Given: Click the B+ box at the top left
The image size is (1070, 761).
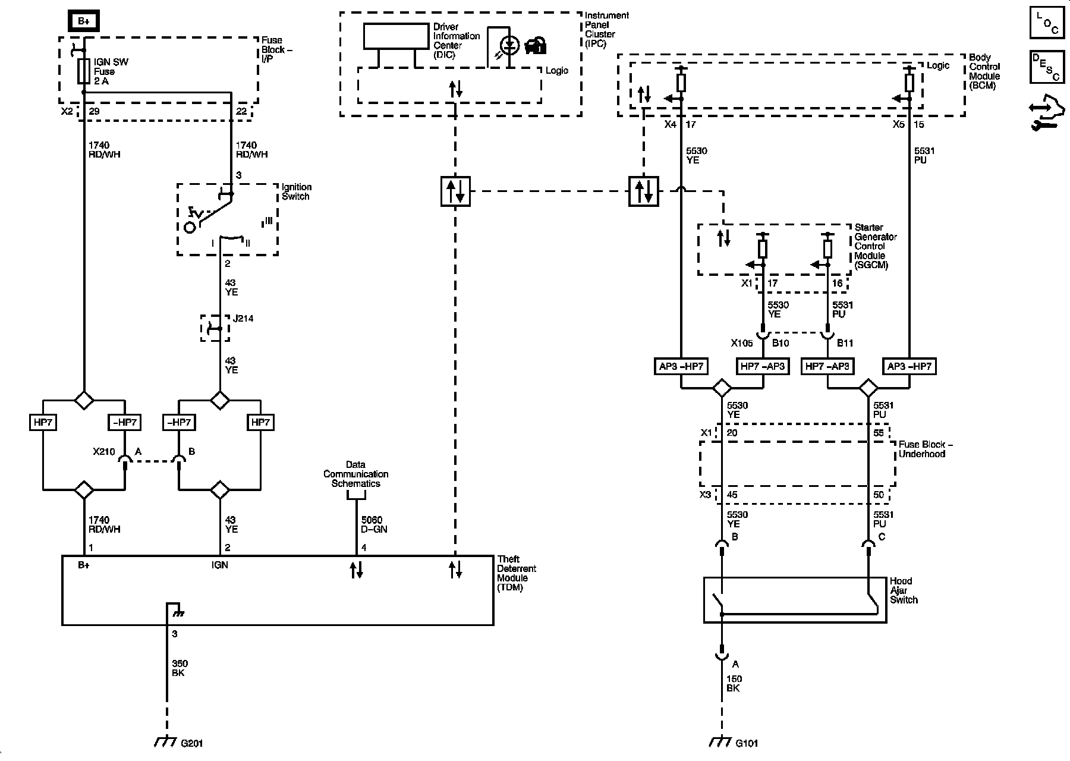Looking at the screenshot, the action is point(84,22).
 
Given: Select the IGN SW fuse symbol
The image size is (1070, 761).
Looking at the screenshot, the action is point(84,71).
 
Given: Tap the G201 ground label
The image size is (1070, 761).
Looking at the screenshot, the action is point(192,743).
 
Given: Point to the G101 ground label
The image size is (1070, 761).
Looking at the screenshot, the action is point(747,743).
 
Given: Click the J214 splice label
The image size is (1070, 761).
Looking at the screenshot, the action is point(243,319).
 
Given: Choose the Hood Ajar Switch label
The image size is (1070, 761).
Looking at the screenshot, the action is point(904,590).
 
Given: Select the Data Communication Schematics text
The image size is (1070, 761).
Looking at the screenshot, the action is point(355,474).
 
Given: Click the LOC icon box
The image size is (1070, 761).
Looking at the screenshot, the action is point(1047,23).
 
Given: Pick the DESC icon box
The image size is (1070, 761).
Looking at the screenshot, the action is point(1047,66).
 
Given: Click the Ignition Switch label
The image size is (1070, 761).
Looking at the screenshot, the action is point(296,191).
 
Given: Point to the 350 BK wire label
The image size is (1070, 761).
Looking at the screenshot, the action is point(180,668).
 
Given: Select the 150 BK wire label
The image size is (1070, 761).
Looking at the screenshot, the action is point(734,684).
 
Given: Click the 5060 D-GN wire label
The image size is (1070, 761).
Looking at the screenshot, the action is point(374,524).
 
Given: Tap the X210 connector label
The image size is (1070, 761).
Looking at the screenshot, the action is point(103,451).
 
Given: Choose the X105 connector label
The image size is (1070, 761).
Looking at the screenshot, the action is point(742,342).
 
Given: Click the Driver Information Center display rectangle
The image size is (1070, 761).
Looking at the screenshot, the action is point(396,36).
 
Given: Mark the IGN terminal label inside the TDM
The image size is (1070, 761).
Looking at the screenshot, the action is point(220,565).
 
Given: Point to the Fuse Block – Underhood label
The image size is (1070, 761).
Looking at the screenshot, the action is point(922,449).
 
